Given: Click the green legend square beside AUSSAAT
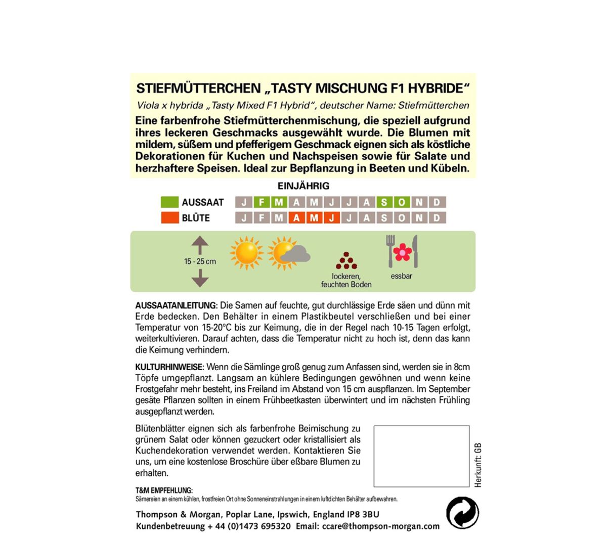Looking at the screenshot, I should [x=169, y=202].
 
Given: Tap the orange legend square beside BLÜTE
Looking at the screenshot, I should [x=169, y=218].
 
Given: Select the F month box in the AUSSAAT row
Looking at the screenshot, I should [x=262, y=202].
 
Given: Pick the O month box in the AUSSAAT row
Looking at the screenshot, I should [x=402, y=202].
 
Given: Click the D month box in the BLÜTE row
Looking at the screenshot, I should [x=437, y=218].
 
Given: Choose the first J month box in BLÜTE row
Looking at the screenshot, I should [x=244, y=218].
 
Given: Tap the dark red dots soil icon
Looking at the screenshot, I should [x=346, y=261].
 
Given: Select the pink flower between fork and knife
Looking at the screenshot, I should [x=403, y=252].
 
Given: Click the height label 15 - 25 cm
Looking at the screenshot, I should [x=200, y=261].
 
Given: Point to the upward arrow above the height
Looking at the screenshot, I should [x=200, y=245].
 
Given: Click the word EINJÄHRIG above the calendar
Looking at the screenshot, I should [x=303, y=186].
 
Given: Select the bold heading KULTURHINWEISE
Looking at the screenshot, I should [x=169, y=367].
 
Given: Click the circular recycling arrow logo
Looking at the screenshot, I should [x=462, y=513].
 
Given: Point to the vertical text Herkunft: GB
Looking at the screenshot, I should [x=478, y=465].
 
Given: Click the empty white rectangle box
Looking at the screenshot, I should [x=421, y=456].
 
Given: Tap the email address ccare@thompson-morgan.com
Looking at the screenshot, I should [x=382, y=526].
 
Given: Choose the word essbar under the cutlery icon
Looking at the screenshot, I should [x=402, y=276].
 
